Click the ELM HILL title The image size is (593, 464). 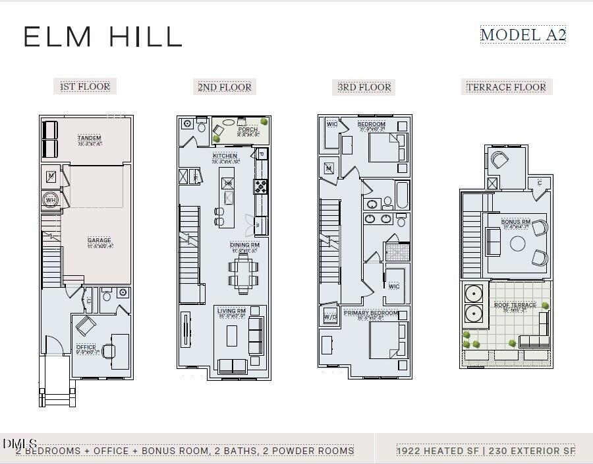pos(102,36)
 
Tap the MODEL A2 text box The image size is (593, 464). pos(523,35)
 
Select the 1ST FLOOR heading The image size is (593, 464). pos(85,86)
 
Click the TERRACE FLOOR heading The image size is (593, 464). pos(506,87)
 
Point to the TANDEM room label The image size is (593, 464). pos(89,138)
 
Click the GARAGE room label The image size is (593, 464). pos(99,240)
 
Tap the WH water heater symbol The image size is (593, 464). pos(51,200)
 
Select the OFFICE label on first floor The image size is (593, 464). pos(86,347)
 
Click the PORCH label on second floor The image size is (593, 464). pos(248,130)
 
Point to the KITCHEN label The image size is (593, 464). pos(225,156)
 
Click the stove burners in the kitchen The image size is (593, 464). pos(261,186)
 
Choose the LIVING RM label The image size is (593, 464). pos(232,311)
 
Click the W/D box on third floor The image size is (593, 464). pos(330,317)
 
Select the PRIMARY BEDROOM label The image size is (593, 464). pos(371,313)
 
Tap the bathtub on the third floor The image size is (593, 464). pos(401,195)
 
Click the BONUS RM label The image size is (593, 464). pos(516,222)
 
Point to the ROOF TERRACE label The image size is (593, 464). pos(515,305)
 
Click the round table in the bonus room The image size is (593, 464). pos(518,244)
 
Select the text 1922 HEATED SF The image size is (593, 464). pos(437,451)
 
